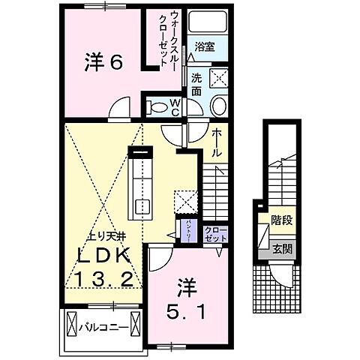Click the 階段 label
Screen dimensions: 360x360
point(281,221)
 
